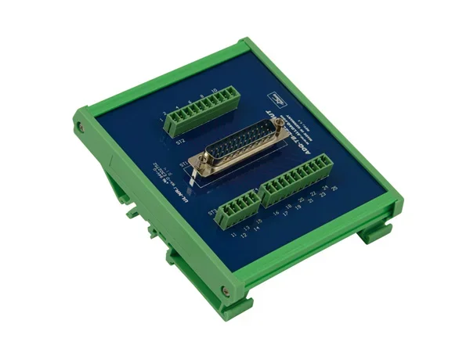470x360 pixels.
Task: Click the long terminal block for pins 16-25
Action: click(295, 181)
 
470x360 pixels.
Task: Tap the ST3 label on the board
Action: click(212, 212)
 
